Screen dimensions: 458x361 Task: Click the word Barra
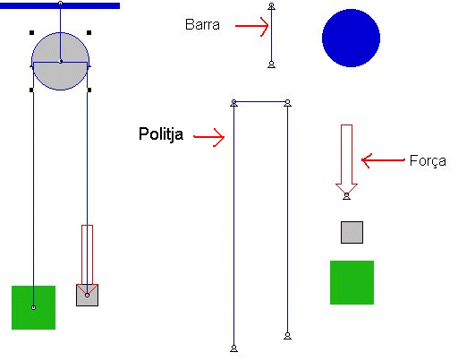202,24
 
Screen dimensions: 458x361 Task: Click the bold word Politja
161,133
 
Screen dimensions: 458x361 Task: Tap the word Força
428,161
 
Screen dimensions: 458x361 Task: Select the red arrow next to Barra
252,26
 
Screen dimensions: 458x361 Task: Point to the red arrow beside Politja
208,137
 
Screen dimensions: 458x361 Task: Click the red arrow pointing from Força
383,160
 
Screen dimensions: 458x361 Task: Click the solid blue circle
351,38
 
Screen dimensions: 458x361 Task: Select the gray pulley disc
60,61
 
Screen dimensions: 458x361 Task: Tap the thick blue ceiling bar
60,5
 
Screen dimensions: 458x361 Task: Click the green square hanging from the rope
33,307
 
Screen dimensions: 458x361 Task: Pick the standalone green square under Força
352,282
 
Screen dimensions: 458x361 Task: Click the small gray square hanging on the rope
87,295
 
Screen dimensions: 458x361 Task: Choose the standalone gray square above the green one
352,232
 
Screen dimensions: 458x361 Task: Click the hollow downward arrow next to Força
346,159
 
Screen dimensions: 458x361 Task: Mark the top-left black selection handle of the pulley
32,32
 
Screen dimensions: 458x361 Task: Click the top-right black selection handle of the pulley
89,32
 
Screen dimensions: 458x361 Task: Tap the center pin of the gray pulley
61,62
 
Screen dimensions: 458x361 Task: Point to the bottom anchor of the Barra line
271,64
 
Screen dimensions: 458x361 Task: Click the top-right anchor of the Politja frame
287,103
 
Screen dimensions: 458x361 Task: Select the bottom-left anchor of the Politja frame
234,348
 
